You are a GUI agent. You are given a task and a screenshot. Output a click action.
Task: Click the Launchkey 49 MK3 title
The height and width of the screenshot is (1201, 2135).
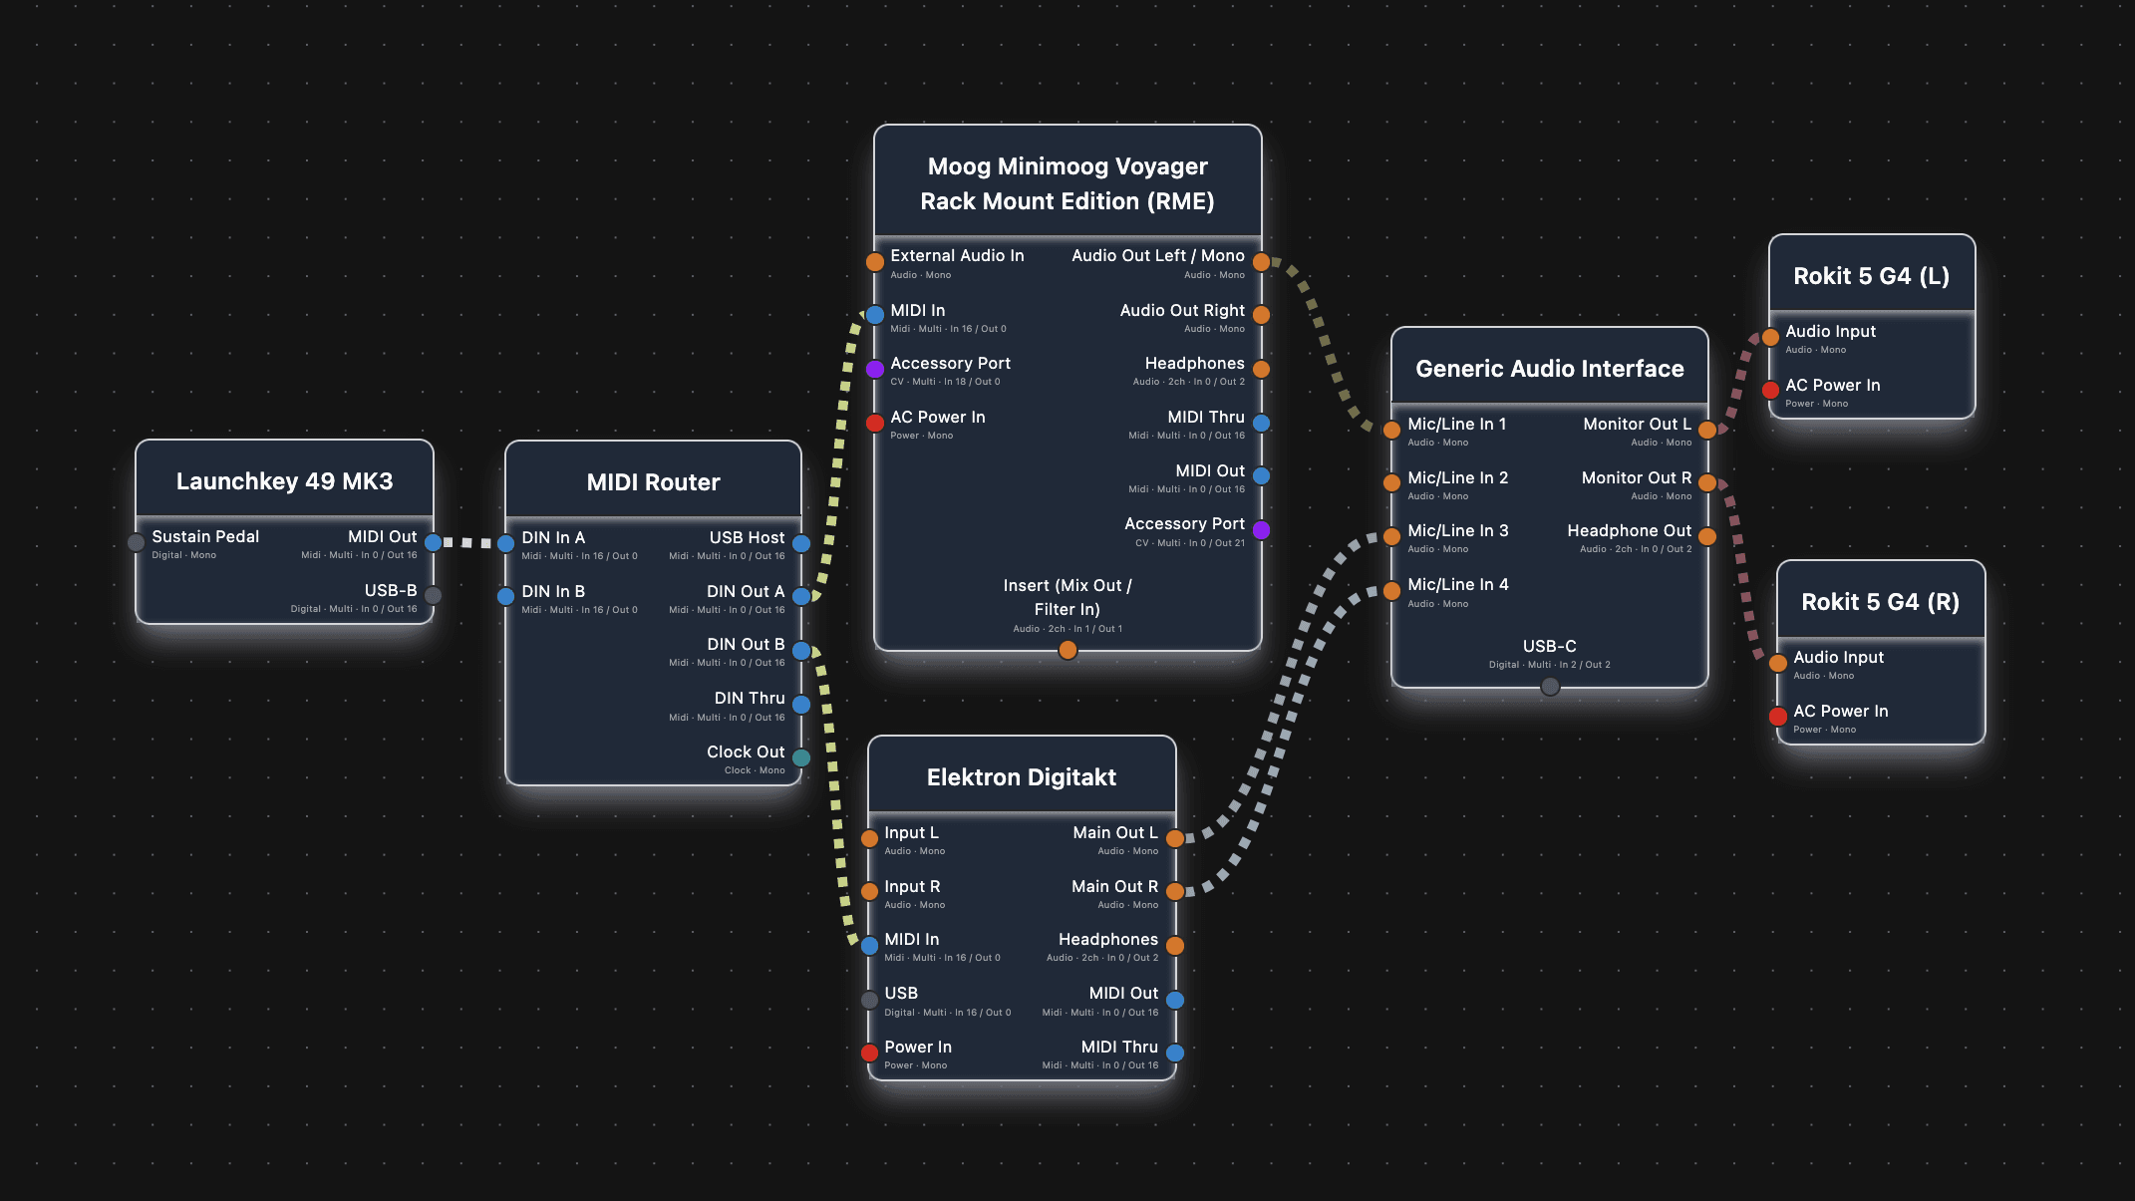(x=284, y=481)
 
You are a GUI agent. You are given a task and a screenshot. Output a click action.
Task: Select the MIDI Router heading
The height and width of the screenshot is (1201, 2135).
(x=653, y=482)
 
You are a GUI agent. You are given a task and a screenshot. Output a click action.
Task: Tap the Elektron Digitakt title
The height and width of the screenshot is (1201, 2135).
(x=1021, y=777)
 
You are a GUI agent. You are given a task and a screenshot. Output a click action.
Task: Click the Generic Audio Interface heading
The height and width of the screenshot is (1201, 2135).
(x=1549, y=369)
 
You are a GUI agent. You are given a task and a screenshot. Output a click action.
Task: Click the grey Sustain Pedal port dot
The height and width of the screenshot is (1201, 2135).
(x=137, y=543)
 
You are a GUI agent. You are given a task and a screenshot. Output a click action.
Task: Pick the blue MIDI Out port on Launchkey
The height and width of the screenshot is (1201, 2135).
(x=433, y=543)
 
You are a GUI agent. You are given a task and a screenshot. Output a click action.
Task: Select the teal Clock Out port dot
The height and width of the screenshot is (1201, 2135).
(x=801, y=758)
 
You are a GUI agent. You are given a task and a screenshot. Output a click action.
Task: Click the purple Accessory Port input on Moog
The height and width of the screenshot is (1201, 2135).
(x=875, y=370)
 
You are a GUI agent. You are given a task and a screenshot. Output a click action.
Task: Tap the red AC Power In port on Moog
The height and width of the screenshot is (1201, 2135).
(x=875, y=424)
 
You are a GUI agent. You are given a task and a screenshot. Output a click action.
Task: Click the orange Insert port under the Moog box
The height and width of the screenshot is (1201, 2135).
(x=1067, y=651)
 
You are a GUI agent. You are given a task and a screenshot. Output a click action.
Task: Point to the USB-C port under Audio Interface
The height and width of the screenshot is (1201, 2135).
(x=1549, y=687)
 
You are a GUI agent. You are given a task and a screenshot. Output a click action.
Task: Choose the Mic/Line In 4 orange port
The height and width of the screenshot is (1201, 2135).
(x=1391, y=591)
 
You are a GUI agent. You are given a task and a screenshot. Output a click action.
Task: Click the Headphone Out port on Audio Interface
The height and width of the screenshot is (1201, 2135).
(x=1707, y=537)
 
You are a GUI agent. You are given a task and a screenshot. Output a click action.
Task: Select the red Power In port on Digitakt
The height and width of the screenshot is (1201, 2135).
(x=869, y=1053)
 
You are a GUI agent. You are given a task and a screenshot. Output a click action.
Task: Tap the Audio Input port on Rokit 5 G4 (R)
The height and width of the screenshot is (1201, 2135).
(x=1778, y=664)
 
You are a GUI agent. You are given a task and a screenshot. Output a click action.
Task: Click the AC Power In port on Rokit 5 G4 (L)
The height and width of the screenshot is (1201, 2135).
(x=1770, y=391)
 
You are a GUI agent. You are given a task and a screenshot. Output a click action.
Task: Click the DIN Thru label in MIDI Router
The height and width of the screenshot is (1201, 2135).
(x=749, y=698)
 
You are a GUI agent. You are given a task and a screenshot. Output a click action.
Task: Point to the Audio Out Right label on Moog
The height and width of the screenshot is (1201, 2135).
(x=1181, y=310)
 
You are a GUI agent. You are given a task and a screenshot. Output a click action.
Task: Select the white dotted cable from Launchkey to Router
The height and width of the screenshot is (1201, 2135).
(x=468, y=543)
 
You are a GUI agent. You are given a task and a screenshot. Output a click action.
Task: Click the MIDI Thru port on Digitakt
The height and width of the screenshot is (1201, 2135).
(x=1175, y=1053)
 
